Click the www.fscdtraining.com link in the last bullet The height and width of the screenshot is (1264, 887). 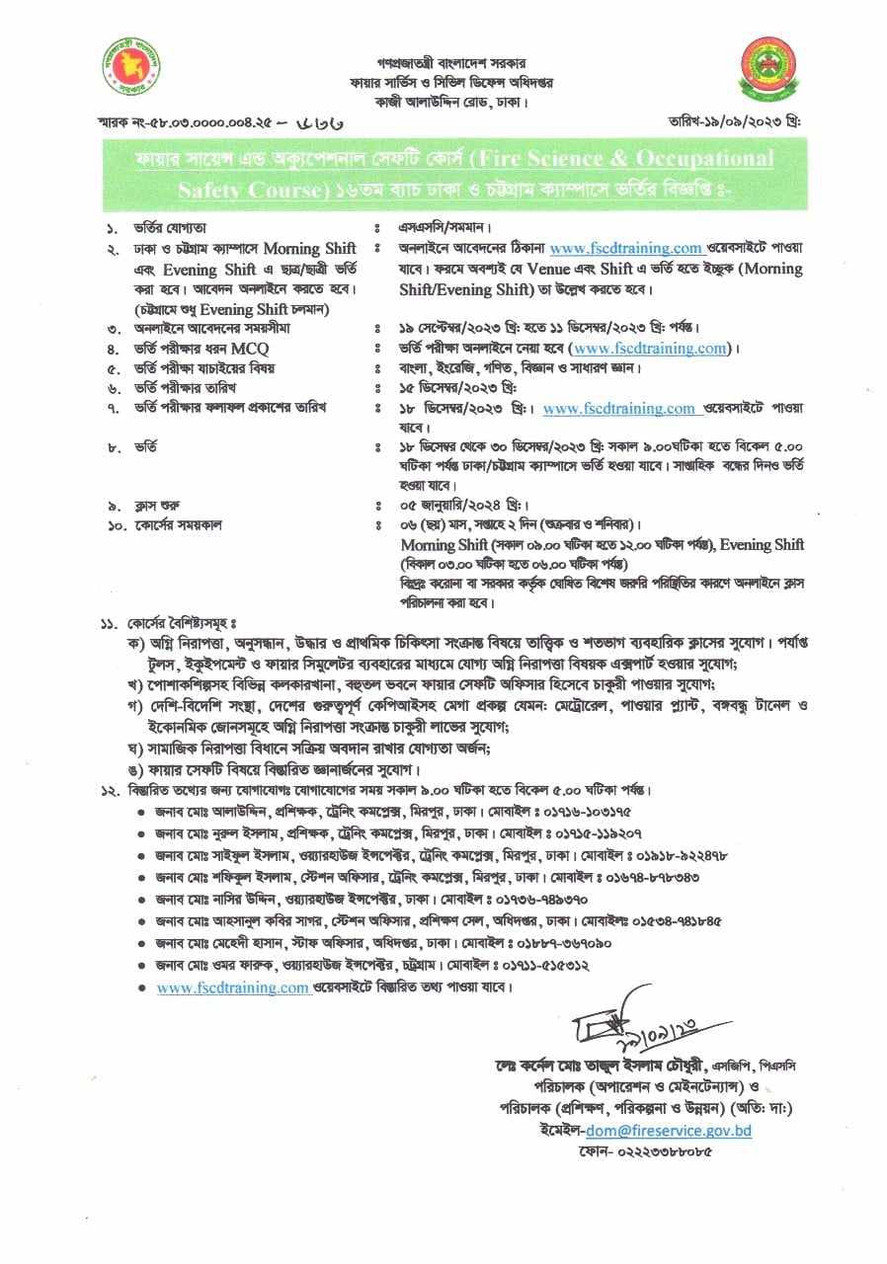[233, 987]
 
